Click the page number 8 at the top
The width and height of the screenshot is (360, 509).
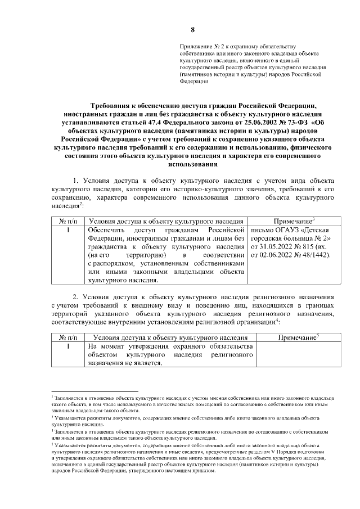tap(192, 29)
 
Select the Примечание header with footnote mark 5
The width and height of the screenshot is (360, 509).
tap(295, 337)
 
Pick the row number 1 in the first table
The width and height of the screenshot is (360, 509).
tap(67, 231)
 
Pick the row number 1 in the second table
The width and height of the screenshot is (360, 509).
tap(67, 347)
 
